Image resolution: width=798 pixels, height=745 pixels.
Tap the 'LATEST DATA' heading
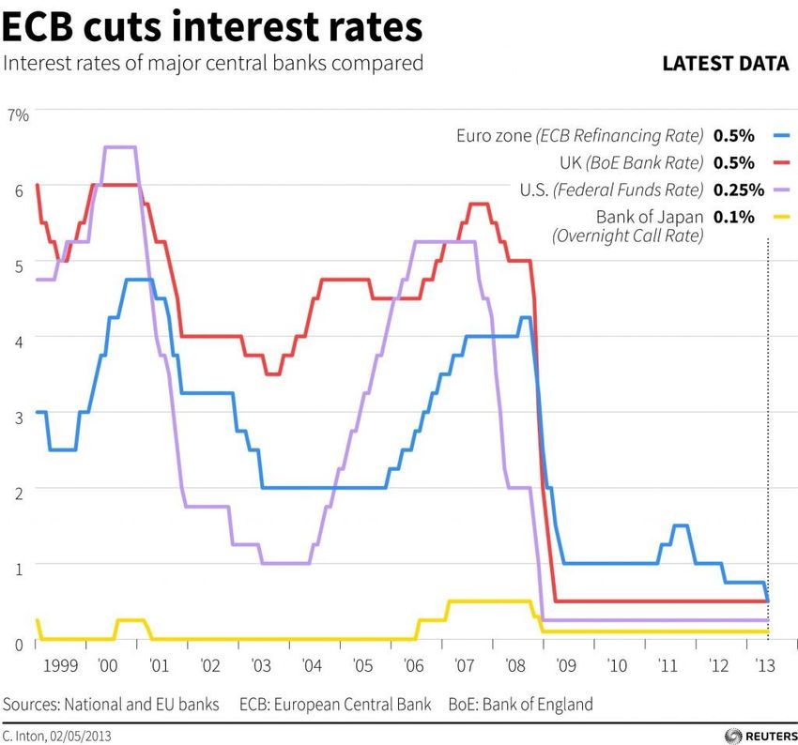coord(725,64)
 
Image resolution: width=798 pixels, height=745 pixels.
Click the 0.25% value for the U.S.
coord(735,190)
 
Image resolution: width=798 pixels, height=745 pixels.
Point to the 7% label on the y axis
coord(19,114)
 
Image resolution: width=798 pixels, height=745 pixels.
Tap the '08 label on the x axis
coord(515,666)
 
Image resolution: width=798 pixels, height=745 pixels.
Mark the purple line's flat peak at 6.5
coord(120,147)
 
